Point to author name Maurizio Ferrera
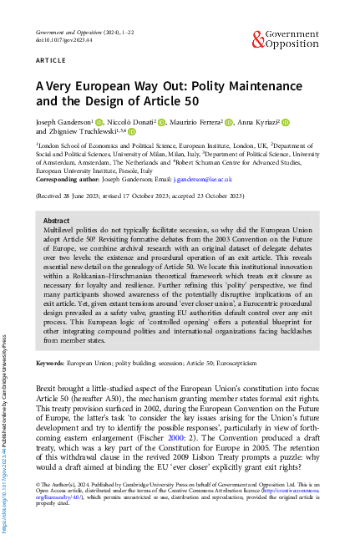(x=198, y=122)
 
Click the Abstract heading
(x=57, y=217)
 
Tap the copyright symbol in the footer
(x=38, y=484)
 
